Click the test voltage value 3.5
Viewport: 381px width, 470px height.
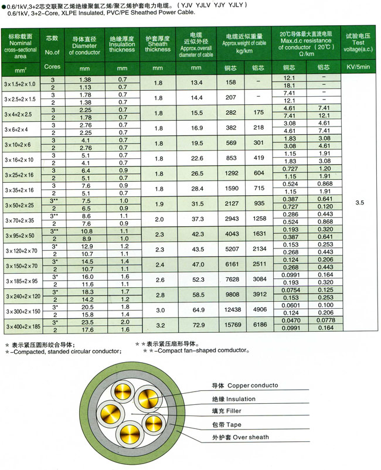[x=360, y=203]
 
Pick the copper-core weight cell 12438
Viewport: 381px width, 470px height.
[x=232, y=309]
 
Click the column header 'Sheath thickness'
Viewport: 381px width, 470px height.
[x=157, y=46]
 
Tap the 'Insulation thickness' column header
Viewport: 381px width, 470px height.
[x=122, y=46]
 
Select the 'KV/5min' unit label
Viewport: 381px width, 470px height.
[x=359, y=67]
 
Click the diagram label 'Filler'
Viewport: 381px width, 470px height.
[x=225, y=411]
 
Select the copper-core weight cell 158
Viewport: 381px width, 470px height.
[x=230, y=83]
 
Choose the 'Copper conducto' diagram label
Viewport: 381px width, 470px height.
[x=240, y=386]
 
